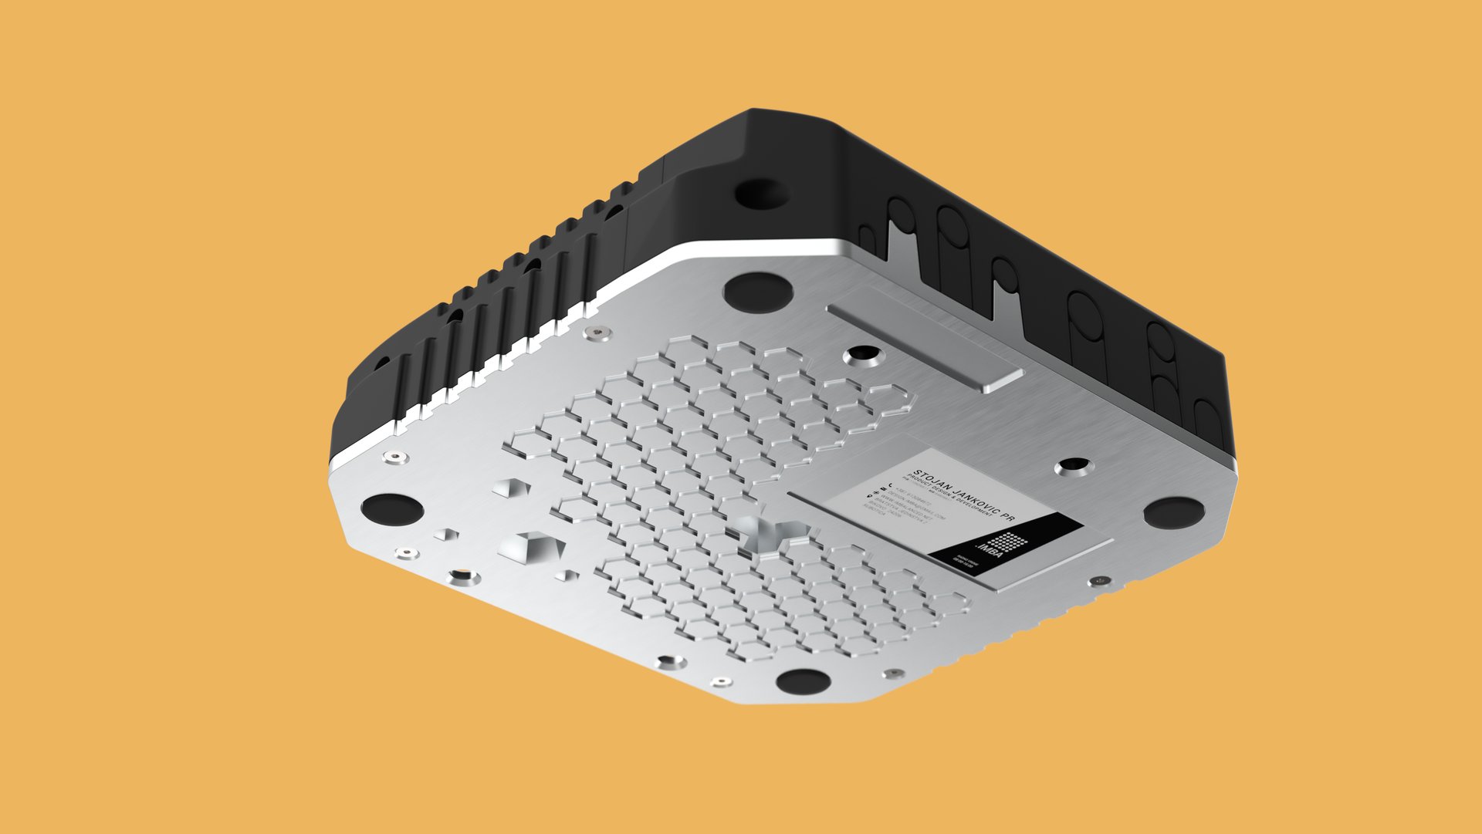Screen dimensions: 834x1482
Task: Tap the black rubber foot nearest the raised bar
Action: (x=757, y=291)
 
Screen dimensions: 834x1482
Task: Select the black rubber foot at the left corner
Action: (x=392, y=509)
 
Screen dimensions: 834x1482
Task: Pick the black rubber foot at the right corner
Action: (x=1173, y=512)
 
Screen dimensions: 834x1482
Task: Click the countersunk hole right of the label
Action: (x=1073, y=466)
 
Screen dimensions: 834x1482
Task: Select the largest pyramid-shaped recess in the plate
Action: (x=531, y=547)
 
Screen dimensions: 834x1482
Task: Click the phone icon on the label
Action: (x=882, y=485)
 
